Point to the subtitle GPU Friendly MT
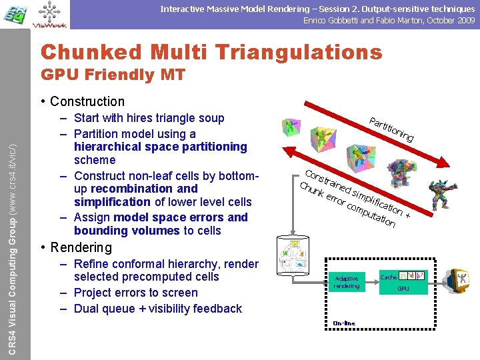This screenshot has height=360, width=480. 113,75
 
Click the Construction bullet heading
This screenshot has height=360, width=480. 87,101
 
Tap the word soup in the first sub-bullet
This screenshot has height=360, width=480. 212,118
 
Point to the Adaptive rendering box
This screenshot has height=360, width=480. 347,282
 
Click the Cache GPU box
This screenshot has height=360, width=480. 403,281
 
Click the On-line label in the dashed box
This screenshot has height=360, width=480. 344,323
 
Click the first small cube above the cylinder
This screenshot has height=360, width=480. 291,127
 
